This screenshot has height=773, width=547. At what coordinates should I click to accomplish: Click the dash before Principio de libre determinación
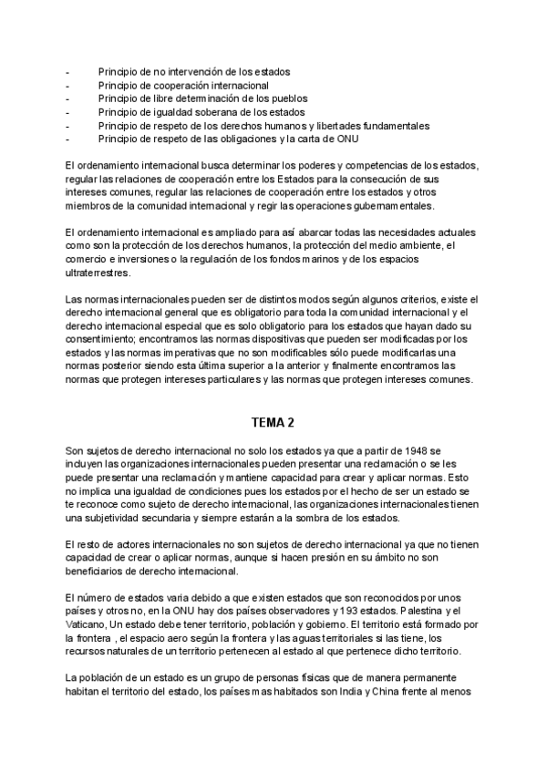pos(67,98)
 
